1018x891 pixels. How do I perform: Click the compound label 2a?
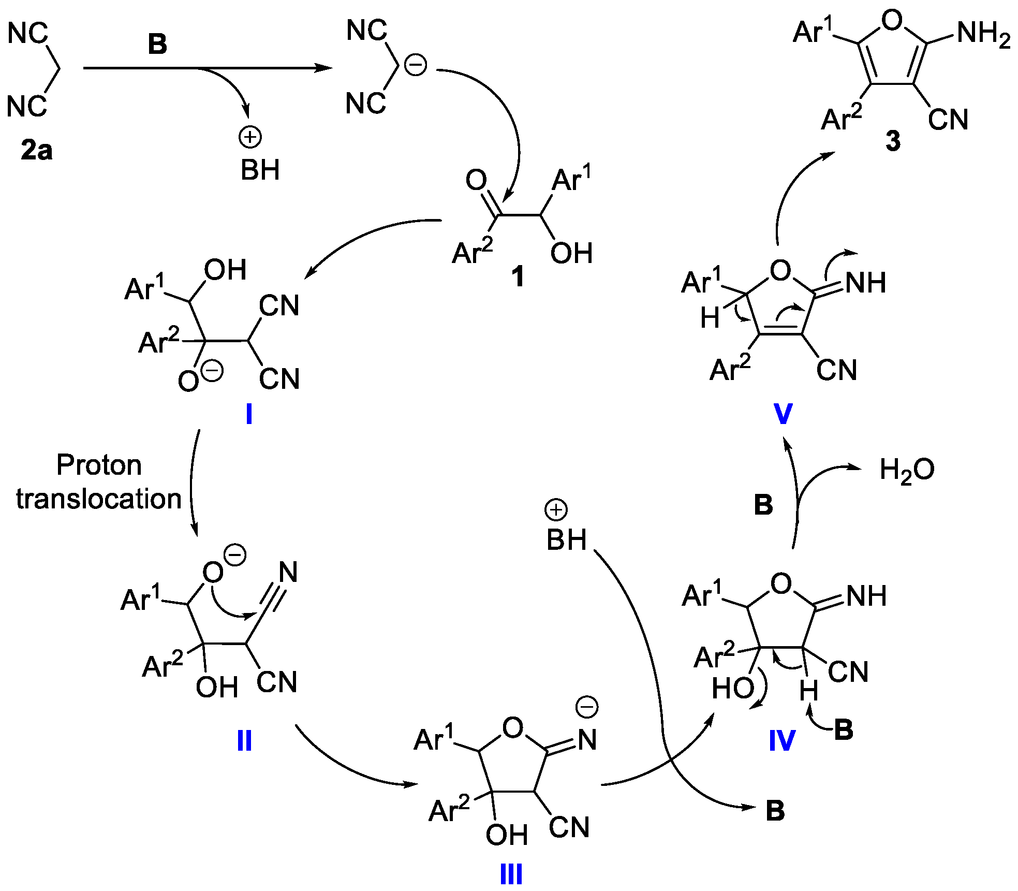click(36, 150)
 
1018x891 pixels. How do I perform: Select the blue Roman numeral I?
click(249, 414)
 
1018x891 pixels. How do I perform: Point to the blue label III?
click(511, 875)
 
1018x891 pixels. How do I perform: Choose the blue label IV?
click(781, 740)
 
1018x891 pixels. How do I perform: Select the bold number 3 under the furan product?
click(893, 141)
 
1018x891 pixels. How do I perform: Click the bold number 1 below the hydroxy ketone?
click(518, 277)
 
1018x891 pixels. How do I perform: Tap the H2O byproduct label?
click(907, 471)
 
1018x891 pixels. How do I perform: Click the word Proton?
click(99, 465)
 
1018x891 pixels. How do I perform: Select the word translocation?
click(99, 499)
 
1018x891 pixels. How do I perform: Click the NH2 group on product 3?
click(983, 34)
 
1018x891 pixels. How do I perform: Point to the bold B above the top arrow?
click(157, 44)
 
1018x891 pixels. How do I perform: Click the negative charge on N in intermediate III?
click(587, 707)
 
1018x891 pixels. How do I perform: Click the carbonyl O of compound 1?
click(476, 180)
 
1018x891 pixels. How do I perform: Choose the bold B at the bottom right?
click(775, 811)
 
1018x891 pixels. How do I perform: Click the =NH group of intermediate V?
click(865, 283)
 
